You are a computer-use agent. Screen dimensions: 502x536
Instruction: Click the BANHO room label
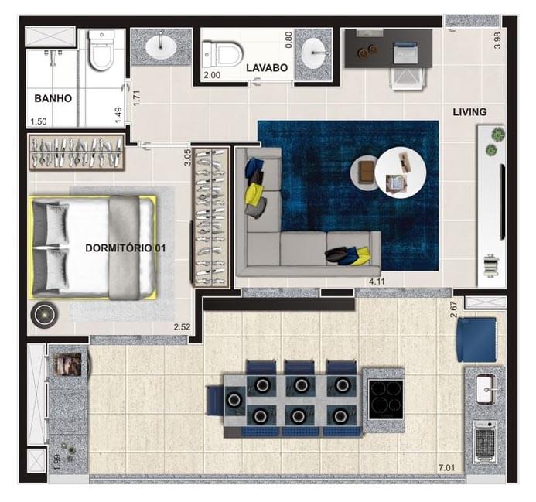tap(53, 98)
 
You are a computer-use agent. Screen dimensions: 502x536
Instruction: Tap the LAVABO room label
tap(267, 68)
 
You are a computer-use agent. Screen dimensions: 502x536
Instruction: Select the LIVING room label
tap(469, 112)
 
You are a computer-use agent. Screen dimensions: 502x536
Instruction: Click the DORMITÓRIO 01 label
tap(125, 248)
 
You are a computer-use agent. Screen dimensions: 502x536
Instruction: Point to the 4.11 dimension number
tap(377, 280)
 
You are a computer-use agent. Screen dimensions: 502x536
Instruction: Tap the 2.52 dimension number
tap(183, 327)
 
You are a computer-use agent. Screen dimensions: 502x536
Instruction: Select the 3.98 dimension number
tap(498, 41)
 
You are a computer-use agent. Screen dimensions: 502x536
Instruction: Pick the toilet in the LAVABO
tap(221, 53)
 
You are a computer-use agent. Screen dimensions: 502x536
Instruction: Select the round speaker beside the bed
tap(43, 314)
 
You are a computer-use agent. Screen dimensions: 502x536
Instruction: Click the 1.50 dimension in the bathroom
tap(37, 121)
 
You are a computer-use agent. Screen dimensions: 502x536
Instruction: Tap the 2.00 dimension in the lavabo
tap(211, 76)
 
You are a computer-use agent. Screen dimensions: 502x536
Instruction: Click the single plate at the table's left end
tap(233, 399)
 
